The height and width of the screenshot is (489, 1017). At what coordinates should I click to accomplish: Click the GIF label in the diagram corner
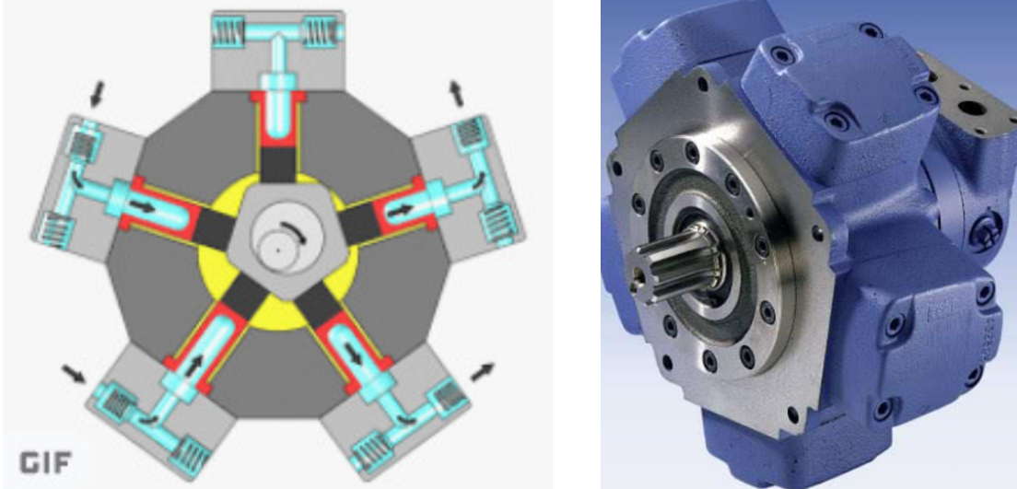(45, 462)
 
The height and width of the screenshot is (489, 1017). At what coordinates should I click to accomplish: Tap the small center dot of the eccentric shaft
(277, 250)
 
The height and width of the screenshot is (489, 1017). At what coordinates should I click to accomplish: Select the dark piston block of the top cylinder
(277, 164)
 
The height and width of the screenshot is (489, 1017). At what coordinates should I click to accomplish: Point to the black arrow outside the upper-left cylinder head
(97, 94)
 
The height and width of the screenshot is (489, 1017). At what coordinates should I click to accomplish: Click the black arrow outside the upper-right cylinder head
(457, 93)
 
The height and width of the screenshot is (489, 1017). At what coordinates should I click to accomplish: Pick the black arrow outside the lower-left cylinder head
(74, 374)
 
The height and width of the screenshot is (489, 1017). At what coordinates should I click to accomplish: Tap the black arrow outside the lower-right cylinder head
(482, 372)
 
